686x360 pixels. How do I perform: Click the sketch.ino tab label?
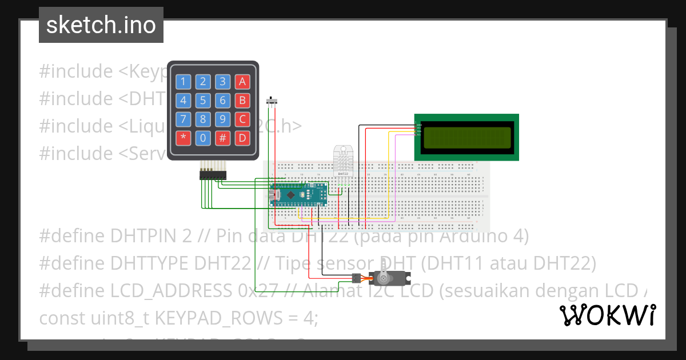101,25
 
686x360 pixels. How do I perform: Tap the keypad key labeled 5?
203,101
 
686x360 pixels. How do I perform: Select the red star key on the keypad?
183,138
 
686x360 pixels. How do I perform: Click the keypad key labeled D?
242,138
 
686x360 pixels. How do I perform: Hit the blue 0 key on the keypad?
203,138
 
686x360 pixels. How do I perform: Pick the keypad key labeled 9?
223,119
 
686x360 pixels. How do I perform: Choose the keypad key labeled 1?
183,82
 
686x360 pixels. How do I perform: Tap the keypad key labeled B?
242,101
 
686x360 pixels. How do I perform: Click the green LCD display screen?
466,137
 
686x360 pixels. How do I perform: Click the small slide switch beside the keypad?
273,102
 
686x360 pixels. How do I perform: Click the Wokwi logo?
607,315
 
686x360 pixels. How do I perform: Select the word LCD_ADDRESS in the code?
171,290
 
